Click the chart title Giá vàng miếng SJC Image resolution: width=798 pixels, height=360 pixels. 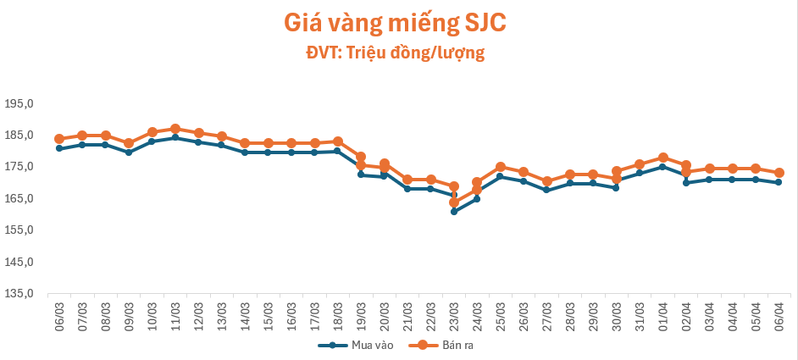pos(395,23)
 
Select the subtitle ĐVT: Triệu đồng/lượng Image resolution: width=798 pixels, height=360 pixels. pos(395,53)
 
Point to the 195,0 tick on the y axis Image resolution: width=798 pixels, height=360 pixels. pos(19,103)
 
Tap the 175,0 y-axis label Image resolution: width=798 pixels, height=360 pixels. pos(19,167)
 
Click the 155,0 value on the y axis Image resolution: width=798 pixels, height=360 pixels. pos(19,230)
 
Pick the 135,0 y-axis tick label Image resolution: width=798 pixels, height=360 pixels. pos(19,294)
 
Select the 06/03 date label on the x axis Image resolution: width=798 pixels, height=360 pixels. pos(59,315)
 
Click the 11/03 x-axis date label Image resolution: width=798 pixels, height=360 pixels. pos(175,315)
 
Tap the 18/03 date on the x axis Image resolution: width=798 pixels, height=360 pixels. pos(338,315)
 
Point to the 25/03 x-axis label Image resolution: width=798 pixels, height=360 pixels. pos(501,315)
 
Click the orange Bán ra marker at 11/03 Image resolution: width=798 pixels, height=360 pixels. pos(175,129)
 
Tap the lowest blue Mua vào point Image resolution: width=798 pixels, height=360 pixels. pos(454,211)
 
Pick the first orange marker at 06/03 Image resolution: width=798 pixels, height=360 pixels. pos(59,139)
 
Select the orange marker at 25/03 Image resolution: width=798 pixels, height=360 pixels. pos(501,167)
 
